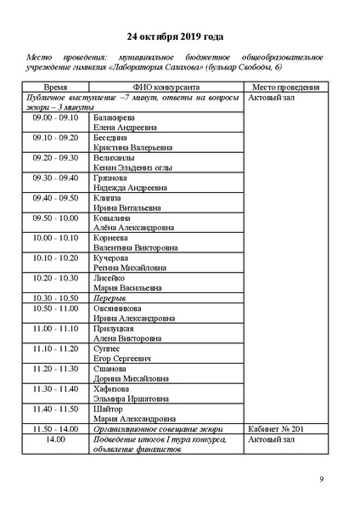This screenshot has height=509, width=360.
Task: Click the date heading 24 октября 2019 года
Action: [175, 37]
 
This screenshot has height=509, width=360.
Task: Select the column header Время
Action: [56, 88]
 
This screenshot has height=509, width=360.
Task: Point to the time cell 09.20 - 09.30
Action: [56, 158]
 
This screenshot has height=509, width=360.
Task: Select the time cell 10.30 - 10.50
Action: [56, 299]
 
